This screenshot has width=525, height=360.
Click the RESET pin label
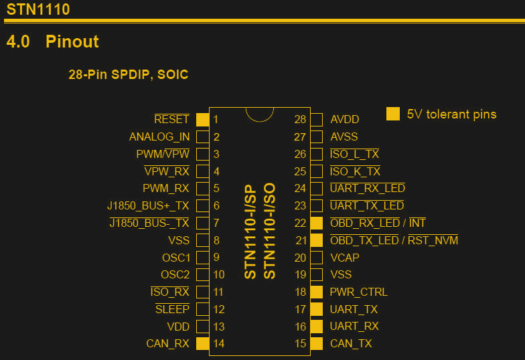(171, 119)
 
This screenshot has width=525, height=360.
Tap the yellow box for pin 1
(202, 120)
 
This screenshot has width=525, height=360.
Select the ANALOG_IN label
(159, 137)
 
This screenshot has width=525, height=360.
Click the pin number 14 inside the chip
(219, 343)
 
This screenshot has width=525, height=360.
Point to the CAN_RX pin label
(167, 343)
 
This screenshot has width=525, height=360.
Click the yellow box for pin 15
(317, 343)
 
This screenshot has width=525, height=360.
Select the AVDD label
(345, 120)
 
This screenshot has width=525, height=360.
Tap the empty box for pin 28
(317, 120)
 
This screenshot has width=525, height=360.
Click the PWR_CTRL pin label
(358, 292)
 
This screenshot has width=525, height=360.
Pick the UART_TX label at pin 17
(354, 309)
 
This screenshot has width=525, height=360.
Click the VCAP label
(345, 258)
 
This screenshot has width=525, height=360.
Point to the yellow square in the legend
(393, 114)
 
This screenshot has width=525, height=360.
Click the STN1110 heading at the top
(38, 10)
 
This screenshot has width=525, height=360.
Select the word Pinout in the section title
(72, 41)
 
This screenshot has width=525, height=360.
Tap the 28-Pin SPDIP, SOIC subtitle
(128, 75)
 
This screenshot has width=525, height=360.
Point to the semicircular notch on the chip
(259, 113)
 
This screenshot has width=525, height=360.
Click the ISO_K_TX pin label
(355, 171)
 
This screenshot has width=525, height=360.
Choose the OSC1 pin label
(176, 258)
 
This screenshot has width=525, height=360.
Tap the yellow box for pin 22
(317, 223)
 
